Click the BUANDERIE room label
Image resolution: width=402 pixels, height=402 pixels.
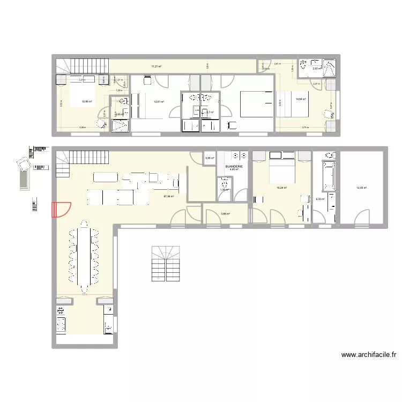(234, 166)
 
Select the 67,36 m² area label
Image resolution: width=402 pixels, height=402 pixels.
(169, 196)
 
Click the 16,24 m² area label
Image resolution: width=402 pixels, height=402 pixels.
(281, 188)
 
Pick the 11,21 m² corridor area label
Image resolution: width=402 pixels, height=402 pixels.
(156, 66)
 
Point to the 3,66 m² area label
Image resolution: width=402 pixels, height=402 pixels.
(225, 214)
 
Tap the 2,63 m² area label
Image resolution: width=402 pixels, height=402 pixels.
(317, 68)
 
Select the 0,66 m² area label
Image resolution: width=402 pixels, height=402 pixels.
(210, 158)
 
